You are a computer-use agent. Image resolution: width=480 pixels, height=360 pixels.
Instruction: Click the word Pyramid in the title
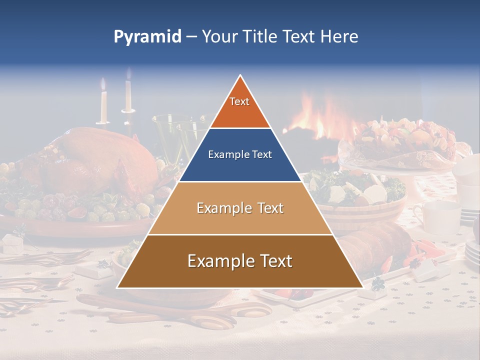(147, 37)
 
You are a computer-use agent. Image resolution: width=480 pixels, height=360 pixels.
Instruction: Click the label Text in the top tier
(239, 101)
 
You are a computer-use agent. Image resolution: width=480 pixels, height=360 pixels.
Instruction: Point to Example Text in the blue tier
(240, 154)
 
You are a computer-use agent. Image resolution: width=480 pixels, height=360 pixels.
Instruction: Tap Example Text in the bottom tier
(240, 261)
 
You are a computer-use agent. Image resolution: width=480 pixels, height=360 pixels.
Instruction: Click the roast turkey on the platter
(100, 160)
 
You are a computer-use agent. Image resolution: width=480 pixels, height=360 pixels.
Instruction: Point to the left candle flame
(103, 83)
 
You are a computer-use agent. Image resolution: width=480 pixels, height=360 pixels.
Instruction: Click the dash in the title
(191, 37)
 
